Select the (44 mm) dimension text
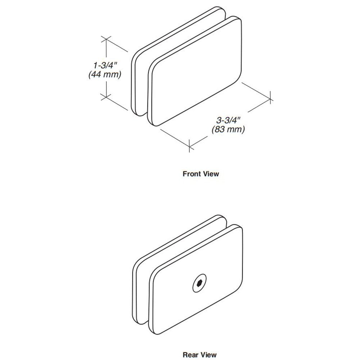click(105, 75)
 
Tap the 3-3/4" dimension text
click(228, 120)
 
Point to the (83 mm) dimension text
click(228, 129)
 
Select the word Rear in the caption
click(190, 355)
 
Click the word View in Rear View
click(208, 355)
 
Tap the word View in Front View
click(210, 174)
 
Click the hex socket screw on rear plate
click(199, 283)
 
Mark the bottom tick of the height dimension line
click(106, 97)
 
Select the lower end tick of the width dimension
click(189, 146)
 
